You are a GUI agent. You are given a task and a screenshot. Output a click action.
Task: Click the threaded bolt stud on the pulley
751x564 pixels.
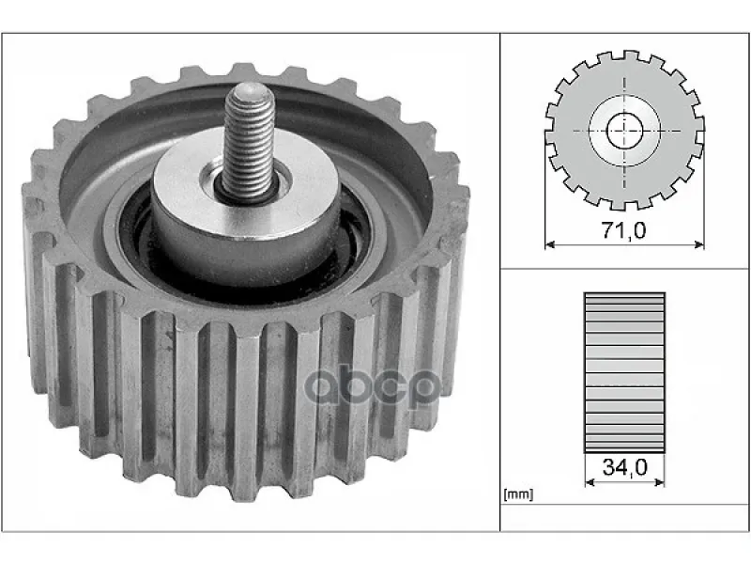[x=249, y=142]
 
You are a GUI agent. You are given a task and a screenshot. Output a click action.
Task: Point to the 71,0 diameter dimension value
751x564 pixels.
[x=623, y=230]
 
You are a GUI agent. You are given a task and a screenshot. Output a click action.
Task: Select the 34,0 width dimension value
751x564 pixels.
[x=624, y=467]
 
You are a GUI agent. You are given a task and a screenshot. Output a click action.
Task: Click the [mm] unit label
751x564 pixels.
[x=518, y=494]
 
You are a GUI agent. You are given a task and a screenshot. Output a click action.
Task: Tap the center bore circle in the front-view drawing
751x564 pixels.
[x=624, y=131]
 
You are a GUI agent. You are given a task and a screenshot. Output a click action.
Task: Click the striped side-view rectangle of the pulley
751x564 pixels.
[x=624, y=372]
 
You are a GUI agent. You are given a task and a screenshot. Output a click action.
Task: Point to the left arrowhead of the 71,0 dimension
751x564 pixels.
[x=550, y=245]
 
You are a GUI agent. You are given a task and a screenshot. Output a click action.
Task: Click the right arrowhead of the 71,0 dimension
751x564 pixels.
[x=699, y=245]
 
